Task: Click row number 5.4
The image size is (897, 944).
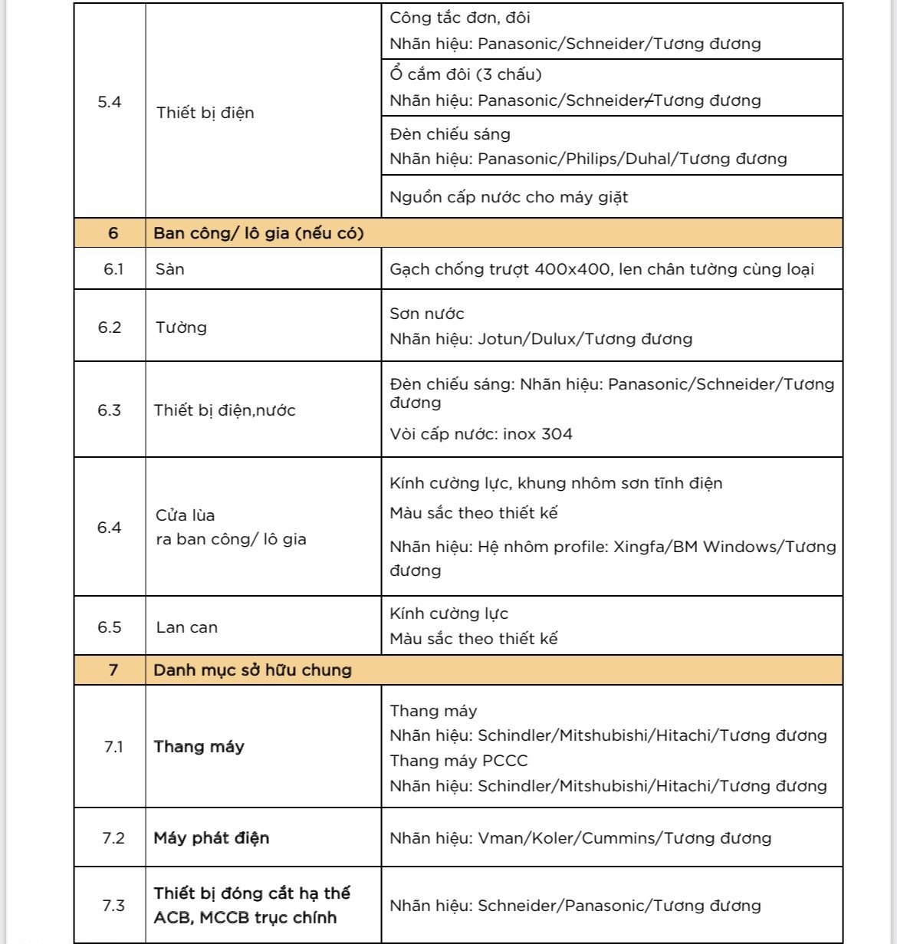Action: coord(110,102)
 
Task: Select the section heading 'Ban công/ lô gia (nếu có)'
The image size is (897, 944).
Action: coord(258,233)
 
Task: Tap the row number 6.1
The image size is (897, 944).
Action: coord(113,269)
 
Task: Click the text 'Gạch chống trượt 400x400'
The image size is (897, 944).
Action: coord(500,269)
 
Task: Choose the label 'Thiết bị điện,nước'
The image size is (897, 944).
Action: coord(225,410)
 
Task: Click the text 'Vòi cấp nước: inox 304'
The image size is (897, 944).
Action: coord(481,434)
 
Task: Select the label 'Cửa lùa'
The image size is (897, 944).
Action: coord(186,515)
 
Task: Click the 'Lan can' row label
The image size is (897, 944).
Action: coord(187,627)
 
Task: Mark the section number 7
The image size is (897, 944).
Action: coord(113,669)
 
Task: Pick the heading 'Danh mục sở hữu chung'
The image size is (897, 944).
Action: coord(252,669)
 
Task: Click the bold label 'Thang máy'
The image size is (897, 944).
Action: coord(199,747)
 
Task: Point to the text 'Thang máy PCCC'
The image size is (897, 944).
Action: coord(458,761)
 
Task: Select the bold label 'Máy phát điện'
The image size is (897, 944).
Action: coord(212,837)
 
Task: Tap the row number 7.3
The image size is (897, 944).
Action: coord(113,906)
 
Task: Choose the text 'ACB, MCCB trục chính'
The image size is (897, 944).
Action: coord(245,918)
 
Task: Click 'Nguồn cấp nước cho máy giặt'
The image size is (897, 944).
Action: coord(508,197)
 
